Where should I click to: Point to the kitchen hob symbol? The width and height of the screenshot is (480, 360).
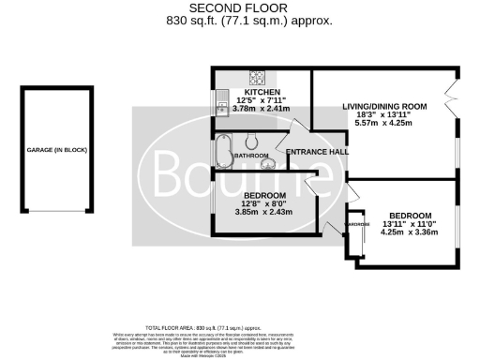tap(254, 77)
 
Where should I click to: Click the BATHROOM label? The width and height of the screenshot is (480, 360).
tap(251, 156)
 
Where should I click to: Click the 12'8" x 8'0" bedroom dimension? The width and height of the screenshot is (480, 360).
tap(265, 202)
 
